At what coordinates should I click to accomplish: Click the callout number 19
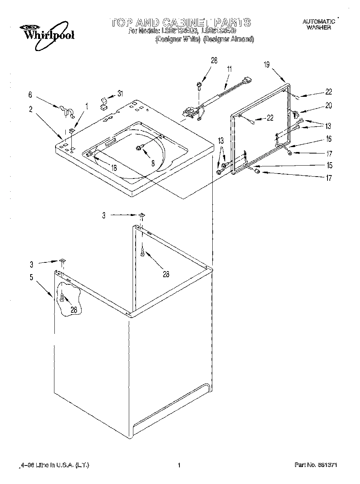pyautogui.click(x=267, y=65)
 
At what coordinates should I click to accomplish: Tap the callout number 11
pyautogui.click(x=229, y=70)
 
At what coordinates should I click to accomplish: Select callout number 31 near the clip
pyautogui.click(x=120, y=93)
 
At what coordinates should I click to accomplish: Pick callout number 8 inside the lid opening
pyautogui.click(x=153, y=163)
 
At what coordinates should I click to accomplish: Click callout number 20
pyautogui.click(x=328, y=106)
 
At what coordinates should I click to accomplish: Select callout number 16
pyautogui.click(x=328, y=139)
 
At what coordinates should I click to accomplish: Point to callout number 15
pyautogui.click(x=329, y=165)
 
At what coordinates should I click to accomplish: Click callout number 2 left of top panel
pyautogui.click(x=31, y=109)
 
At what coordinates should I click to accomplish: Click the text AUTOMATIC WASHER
pyautogui.click(x=318, y=25)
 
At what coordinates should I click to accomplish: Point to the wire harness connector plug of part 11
pyautogui.click(x=247, y=81)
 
